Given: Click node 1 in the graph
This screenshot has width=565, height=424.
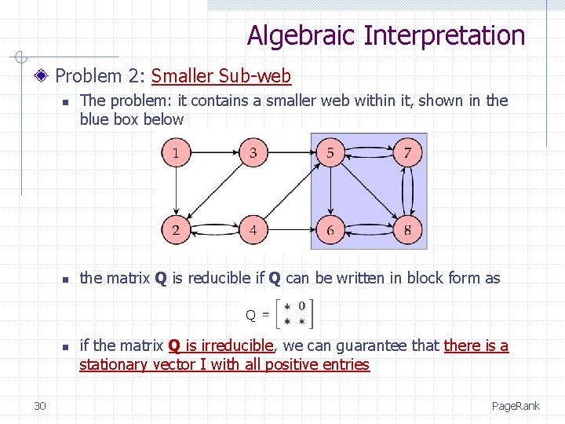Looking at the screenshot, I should coord(176,153).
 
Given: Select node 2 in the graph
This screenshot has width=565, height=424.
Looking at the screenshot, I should coord(176,230).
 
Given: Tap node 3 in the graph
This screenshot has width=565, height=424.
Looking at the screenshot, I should coord(253,153).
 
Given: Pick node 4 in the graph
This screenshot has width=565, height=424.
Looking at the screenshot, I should coord(253,230).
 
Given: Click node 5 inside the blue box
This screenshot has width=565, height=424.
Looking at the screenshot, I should coord(330,153).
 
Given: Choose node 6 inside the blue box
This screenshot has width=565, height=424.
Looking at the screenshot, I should coord(330,230).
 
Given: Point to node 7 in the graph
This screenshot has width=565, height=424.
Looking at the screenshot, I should coord(407,153).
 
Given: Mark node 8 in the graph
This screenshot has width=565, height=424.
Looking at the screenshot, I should coord(407,230).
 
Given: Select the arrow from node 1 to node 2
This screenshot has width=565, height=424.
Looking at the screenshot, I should coord(176,192).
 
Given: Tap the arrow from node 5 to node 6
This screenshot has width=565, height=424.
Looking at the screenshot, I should coord(330,192).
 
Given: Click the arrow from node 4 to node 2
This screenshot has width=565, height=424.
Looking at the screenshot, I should coord(214,230).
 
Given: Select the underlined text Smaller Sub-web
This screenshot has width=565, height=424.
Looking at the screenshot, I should coord(221,76).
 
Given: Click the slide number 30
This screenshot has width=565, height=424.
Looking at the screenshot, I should coord(40,405).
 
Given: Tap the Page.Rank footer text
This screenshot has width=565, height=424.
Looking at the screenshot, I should coord(516,406).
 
